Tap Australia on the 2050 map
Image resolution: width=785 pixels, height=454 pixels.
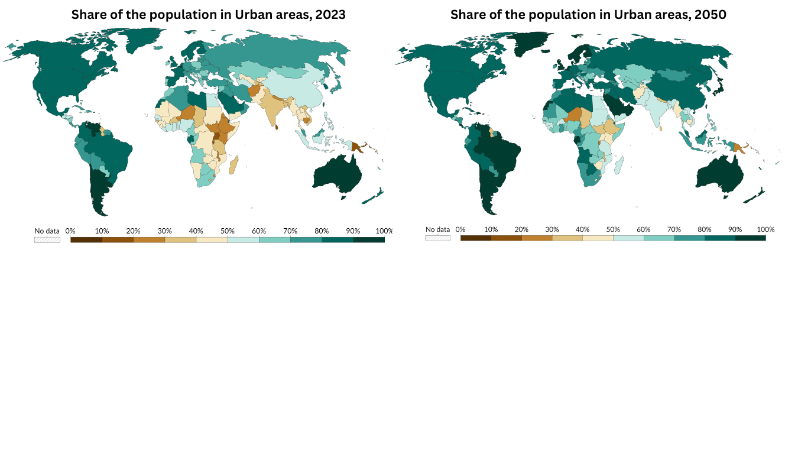click(720, 174)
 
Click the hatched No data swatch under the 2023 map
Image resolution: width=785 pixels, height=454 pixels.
click(47, 239)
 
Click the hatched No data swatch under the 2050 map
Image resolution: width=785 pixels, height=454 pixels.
click(437, 238)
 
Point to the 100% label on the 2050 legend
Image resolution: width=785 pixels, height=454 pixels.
click(765, 229)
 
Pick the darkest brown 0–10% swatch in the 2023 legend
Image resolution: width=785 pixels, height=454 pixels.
click(86, 239)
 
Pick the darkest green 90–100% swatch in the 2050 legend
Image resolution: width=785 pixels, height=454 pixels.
click(750, 238)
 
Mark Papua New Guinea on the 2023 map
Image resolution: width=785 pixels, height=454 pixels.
click(358, 146)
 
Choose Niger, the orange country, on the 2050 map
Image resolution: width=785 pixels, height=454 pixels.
click(573, 113)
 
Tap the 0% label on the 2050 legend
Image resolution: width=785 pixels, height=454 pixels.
click(460, 229)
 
